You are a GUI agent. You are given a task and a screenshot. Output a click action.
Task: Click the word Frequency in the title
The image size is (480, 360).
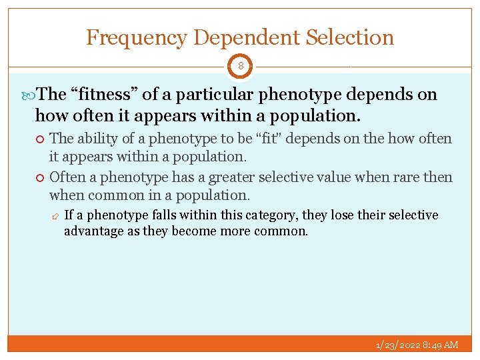(x=138, y=37)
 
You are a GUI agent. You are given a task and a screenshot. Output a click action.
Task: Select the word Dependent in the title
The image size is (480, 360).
(x=247, y=37)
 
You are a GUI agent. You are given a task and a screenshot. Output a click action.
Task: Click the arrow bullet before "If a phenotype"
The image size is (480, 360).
(x=55, y=216)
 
